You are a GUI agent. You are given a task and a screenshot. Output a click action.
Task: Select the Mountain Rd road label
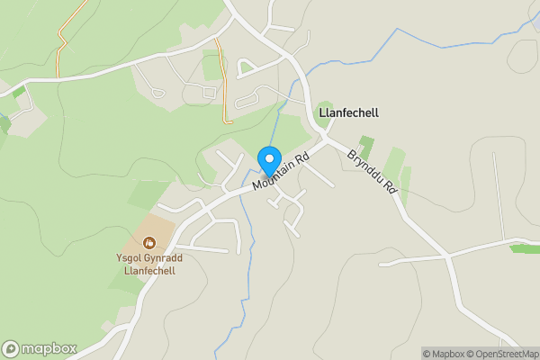click(281, 169)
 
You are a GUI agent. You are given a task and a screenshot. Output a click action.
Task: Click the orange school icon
click(149, 242)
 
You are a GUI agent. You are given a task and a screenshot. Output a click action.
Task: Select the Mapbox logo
click(40, 348)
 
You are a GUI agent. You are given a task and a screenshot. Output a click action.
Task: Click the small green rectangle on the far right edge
click(524, 248)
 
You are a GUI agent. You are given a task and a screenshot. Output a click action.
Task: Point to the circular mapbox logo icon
click(12, 348)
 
